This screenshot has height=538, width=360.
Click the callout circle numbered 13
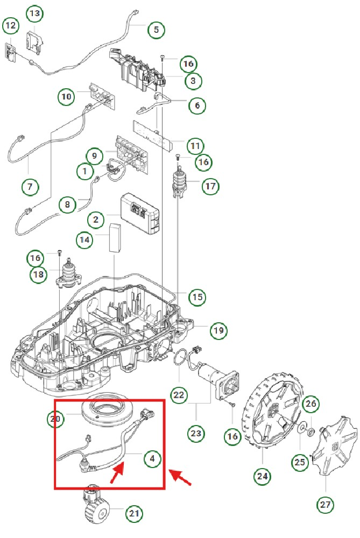click(34, 13)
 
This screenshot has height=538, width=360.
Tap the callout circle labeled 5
click(156, 29)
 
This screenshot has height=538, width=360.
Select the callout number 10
click(66, 97)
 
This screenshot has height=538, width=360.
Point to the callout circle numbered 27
click(326, 505)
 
